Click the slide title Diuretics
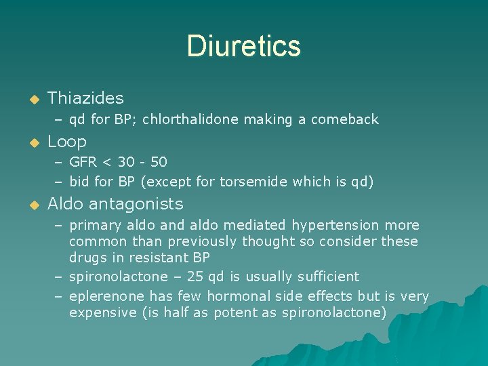[x=243, y=46]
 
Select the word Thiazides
[x=86, y=98]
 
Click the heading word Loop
[x=67, y=142]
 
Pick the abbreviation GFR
[x=84, y=162]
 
